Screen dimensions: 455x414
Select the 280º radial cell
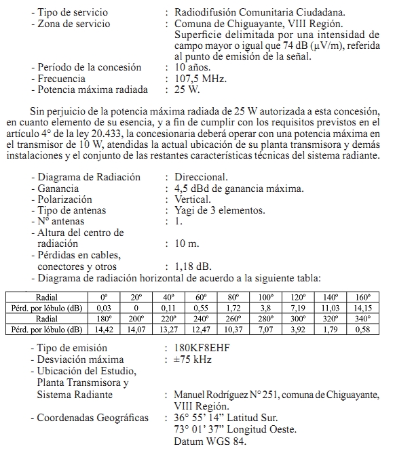(x=266, y=319)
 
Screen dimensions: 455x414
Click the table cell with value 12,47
(x=201, y=330)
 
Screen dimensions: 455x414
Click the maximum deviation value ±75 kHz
(x=193, y=359)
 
